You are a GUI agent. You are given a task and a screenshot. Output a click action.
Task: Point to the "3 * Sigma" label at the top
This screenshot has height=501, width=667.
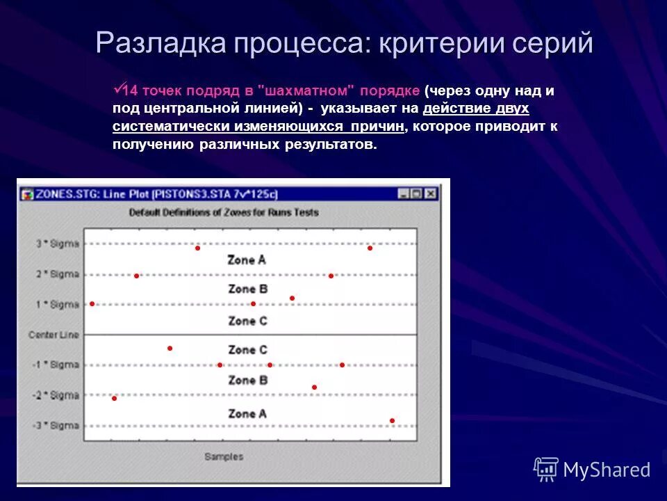pyautogui.click(x=58, y=244)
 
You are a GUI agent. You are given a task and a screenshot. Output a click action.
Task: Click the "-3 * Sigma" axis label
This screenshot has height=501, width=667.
pyautogui.click(x=56, y=426)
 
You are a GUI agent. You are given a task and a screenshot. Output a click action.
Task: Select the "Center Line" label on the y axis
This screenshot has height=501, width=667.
pyautogui.click(x=53, y=335)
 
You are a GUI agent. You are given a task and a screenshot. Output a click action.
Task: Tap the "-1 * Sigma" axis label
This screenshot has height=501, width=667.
pyautogui.click(x=56, y=365)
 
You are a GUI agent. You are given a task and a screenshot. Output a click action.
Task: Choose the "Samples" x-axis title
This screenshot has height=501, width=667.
pyautogui.click(x=223, y=456)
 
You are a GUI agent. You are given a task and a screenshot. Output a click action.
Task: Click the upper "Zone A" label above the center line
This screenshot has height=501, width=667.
pyautogui.click(x=247, y=260)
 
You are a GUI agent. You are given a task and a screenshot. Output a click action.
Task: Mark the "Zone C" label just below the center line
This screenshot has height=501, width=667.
pyautogui.click(x=247, y=350)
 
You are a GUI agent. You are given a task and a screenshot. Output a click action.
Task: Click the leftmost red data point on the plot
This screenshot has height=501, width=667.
pyautogui.click(x=92, y=304)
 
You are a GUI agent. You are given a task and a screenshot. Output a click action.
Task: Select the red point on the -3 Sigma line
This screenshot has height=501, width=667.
pyautogui.click(x=392, y=420)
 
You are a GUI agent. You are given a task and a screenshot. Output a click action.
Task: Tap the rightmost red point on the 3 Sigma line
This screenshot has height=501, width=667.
pyautogui.click(x=370, y=248)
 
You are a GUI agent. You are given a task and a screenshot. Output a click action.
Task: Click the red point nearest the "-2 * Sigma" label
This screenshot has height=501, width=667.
pyautogui.click(x=114, y=398)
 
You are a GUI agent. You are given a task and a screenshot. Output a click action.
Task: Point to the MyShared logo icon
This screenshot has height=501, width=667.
pyautogui.click(x=546, y=470)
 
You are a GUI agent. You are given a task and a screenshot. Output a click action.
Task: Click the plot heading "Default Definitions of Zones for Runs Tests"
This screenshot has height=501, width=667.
pyautogui.click(x=223, y=212)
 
